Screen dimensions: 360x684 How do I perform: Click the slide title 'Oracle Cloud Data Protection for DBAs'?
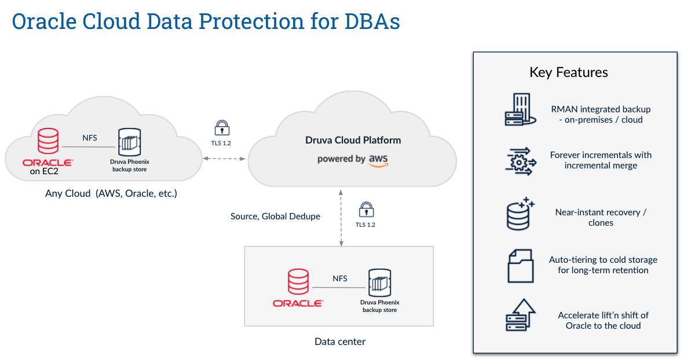[x=206, y=21]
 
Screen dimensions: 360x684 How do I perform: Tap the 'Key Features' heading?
[x=568, y=72]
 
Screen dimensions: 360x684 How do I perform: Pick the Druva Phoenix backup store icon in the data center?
[x=379, y=283]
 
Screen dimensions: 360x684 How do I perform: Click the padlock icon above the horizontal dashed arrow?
[x=221, y=128]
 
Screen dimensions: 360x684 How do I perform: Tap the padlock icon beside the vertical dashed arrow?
[x=365, y=209]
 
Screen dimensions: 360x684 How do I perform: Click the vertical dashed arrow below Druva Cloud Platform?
[x=341, y=220]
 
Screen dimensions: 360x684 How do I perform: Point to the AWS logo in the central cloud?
[x=378, y=160]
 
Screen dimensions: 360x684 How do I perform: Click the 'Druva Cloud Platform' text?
[x=353, y=140]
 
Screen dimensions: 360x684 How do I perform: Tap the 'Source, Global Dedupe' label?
[x=275, y=216]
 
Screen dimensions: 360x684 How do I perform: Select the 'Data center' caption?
[x=339, y=341]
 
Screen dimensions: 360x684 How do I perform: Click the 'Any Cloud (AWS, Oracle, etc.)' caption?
[x=111, y=193]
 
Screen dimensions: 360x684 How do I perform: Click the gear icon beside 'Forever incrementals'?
[x=519, y=160]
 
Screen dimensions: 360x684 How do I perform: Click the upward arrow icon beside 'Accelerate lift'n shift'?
[x=518, y=315]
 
